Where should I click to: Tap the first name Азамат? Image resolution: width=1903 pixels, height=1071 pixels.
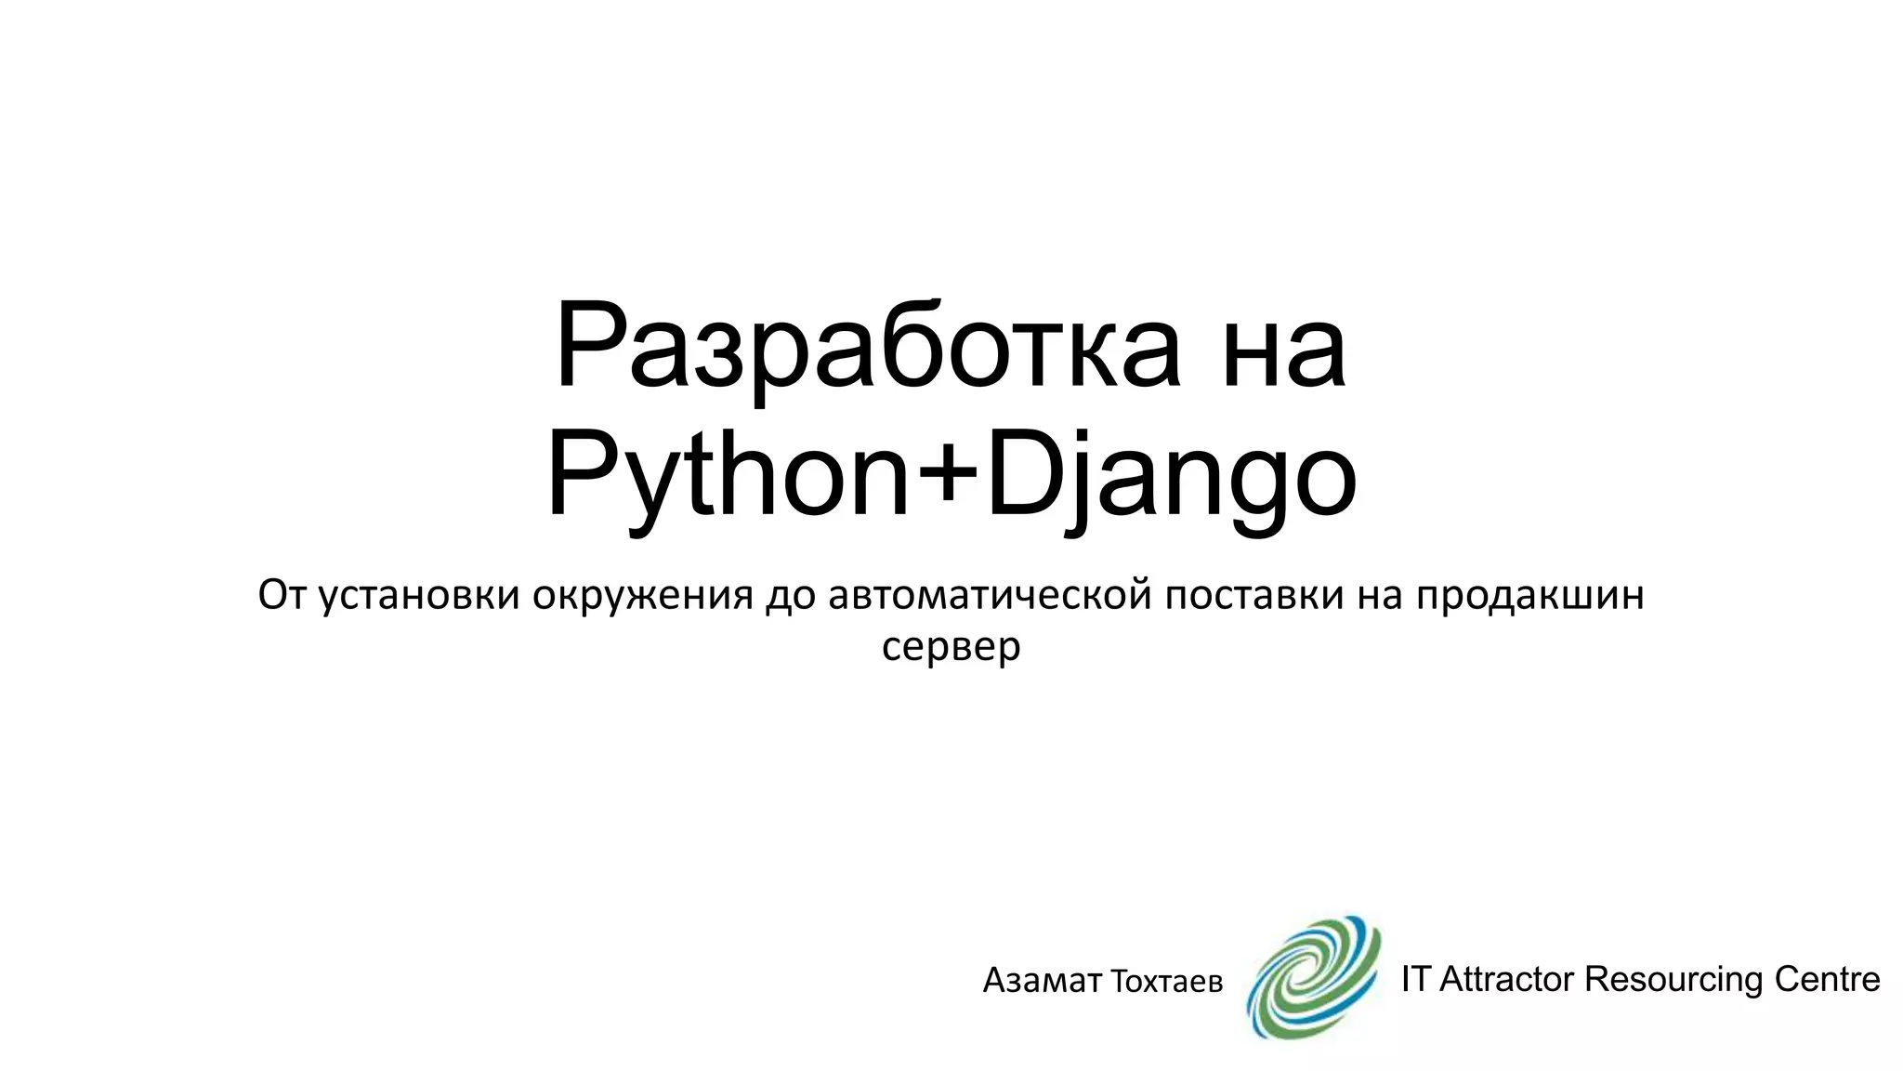(x=1042, y=980)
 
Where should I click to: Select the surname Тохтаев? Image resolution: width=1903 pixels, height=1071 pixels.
(x=1167, y=981)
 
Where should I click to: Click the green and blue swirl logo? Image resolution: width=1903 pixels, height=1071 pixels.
(x=1313, y=977)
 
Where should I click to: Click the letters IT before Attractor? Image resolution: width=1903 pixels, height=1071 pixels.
(x=1415, y=979)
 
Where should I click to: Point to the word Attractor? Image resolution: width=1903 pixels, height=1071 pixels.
(x=1505, y=979)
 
